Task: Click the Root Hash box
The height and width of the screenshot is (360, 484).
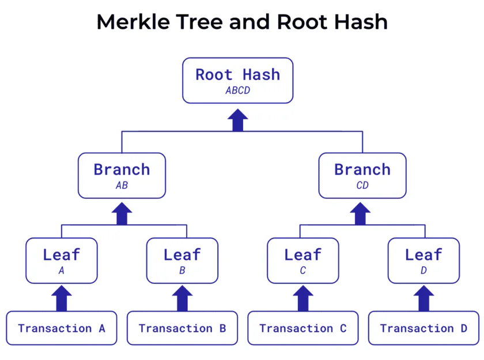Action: point(237,81)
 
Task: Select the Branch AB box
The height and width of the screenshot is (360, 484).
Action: point(122,176)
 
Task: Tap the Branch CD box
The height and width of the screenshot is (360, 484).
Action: point(362,176)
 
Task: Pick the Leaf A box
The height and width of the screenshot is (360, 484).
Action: point(62,261)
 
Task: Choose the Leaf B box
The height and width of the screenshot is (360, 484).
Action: point(183,261)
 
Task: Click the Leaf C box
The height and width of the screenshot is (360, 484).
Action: point(303,261)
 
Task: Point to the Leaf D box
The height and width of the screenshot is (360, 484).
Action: point(424,261)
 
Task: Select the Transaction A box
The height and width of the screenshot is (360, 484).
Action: point(62,328)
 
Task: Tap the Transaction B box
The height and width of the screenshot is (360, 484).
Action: point(183,328)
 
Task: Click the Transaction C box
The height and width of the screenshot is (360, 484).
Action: point(303,328)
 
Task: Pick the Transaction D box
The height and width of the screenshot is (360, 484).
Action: point(424,328)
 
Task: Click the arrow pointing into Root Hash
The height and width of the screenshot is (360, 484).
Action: point(237,120)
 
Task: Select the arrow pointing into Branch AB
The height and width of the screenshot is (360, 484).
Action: point(122,214)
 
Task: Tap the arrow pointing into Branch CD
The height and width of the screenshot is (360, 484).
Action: point(360,214)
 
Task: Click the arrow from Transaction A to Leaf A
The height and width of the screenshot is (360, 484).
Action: point(62,298)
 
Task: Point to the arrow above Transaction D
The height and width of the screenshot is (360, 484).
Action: point(424,298)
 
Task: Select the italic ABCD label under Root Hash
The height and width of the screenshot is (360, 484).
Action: point(237,90)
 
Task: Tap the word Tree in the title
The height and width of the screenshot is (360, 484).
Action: point(199,22)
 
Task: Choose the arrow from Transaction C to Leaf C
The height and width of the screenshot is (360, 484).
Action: point(303,298)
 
